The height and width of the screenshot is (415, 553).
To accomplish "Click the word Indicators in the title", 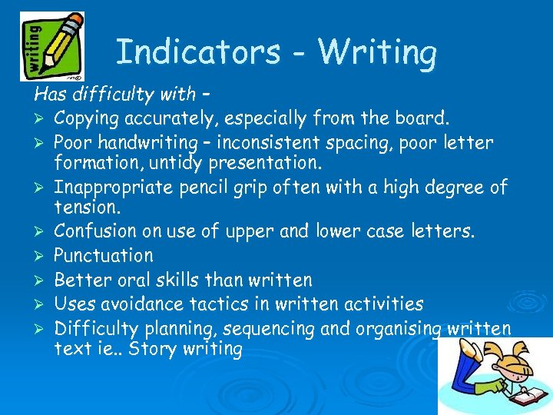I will point(197,53).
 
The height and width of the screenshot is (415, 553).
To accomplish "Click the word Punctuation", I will point(103,255).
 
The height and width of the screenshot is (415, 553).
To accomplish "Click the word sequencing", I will point(260,330).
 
